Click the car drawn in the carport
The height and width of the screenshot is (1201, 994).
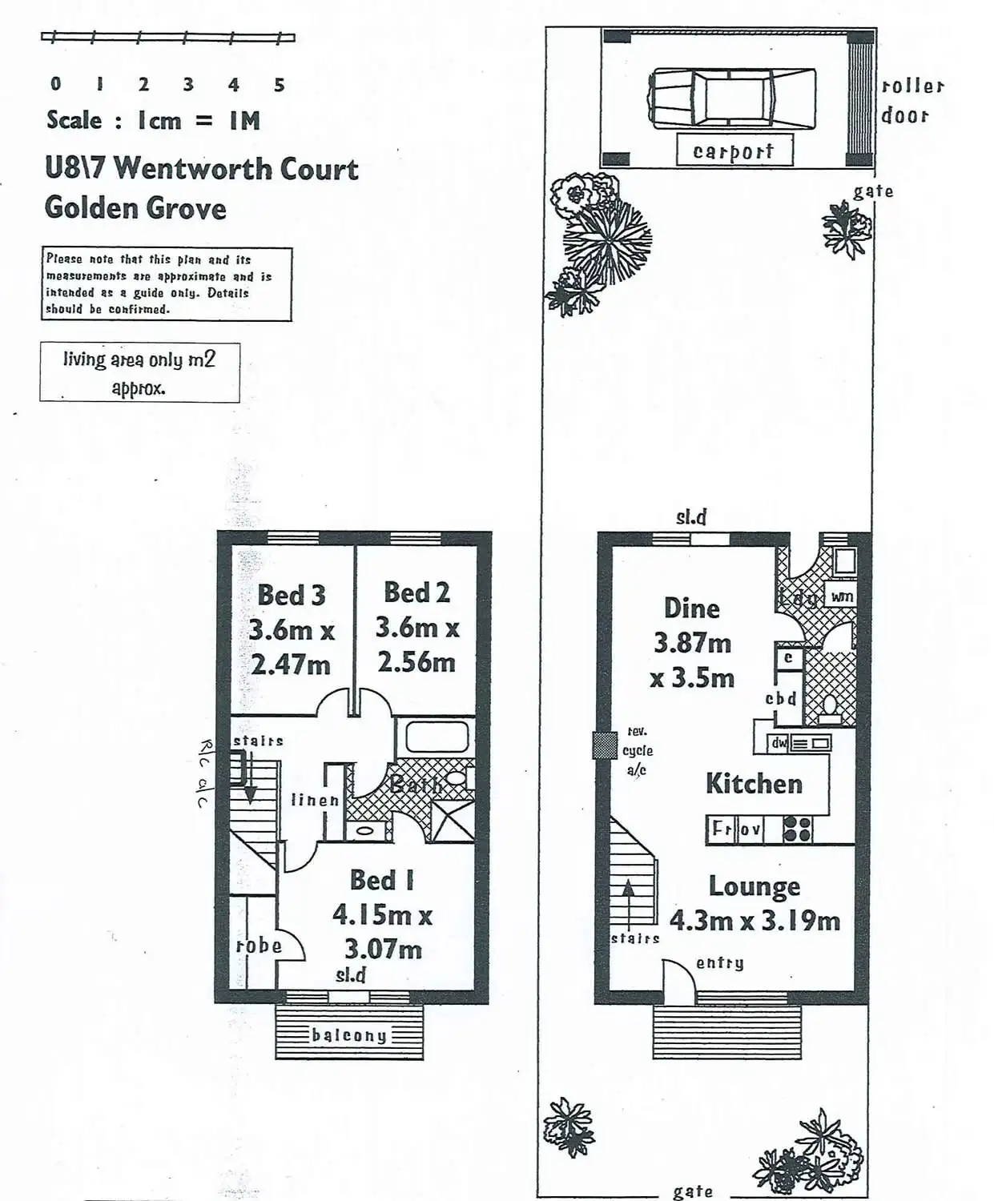click(x=732, y=98)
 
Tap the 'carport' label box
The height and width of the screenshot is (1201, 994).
click(x=734, y=151)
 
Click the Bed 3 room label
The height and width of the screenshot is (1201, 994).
click(x=291, y=595)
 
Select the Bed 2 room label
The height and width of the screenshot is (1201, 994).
click(x=417, y=592)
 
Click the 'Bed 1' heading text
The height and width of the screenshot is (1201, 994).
click(x=382, y=880)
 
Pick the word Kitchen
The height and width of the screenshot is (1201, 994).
click(x=754, y=784)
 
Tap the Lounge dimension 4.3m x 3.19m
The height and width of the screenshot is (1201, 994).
click(x=755, y=921)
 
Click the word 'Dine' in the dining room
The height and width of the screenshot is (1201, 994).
click(x=691, y=608)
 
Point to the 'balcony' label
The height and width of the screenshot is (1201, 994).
click(x=349, y=1035)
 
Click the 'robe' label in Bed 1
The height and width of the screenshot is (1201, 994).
click(x=259, y=946)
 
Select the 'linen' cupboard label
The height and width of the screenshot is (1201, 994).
click(x=315, y=800)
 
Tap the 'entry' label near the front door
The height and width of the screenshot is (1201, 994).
click(x=719, y=963)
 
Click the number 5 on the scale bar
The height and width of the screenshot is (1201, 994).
click(x=279, y=85)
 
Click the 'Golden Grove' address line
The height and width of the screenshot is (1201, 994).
click(x=135, y=208)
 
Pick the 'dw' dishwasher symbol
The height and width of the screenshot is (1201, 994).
click(x=779, y=743)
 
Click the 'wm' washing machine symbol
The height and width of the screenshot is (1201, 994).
click(x=842, y=596)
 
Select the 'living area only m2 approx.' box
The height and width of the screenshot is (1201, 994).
click(x=139, y=372)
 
